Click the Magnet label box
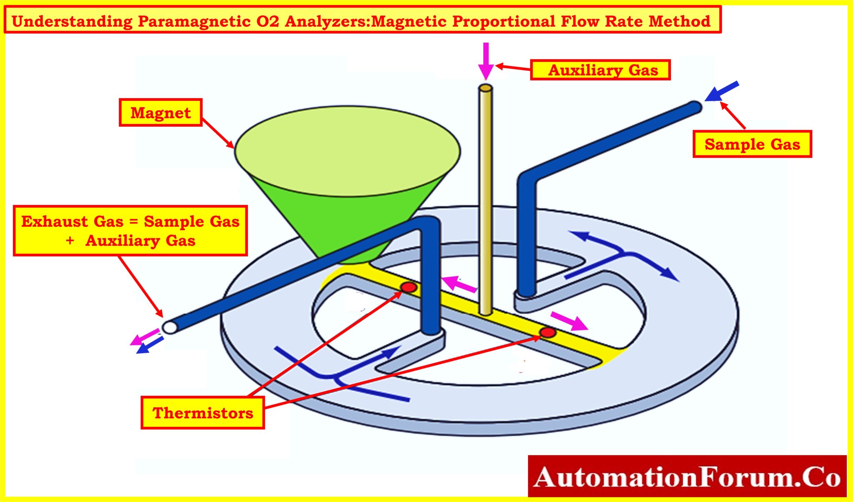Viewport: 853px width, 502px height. coord(160,113)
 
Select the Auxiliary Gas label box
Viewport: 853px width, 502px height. coord(600,70)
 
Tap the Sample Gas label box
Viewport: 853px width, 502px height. coord(752,144)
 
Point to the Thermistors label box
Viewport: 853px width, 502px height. coord(202,412)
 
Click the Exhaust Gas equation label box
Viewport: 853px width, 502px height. coord(130,231)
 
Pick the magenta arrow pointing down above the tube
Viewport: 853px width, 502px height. coord(486,60)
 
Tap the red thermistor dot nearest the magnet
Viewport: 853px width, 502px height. coord(409,287)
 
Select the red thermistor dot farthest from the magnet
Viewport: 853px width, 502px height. coord(548,332)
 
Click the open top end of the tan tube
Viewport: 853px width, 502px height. coord(486,88)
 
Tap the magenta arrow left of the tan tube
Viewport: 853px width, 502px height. coord(458,284)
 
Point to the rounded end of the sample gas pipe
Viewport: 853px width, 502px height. coord(696,107)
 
